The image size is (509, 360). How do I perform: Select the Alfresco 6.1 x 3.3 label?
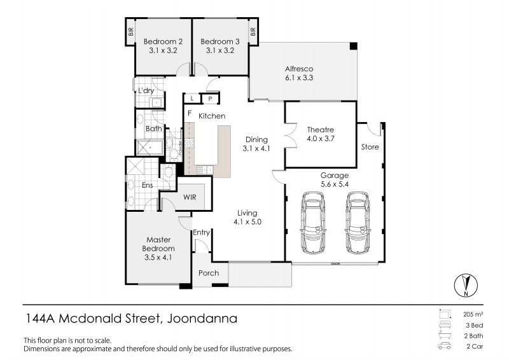pos(299,73)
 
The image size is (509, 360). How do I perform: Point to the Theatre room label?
pos(320,134)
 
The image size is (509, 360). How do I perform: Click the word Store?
pos(370,147)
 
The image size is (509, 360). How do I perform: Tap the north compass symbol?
pos(467,286)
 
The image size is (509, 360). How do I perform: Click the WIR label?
pos(190,197)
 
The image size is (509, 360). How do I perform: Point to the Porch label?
pos(209,273)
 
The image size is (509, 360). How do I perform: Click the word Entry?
pos(201,233)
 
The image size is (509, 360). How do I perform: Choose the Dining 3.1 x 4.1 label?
pos(257,144)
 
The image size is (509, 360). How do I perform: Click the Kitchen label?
pos(212,116)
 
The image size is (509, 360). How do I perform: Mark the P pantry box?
pos(209,99)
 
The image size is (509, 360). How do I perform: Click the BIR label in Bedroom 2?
pos(130,31)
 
